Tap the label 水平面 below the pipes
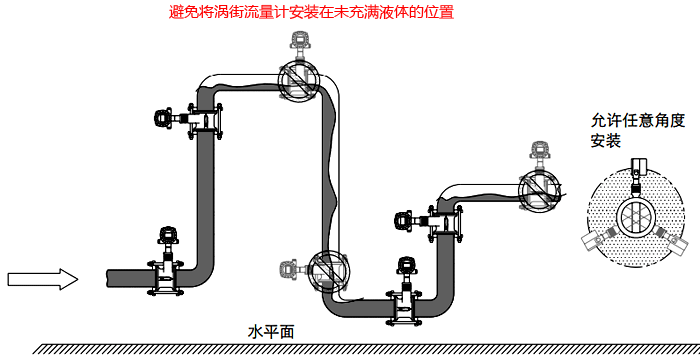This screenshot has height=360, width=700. tap(270, 329)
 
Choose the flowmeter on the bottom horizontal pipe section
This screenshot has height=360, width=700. tap(407, 296)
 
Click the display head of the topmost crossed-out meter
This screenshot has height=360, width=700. tap(297, 41)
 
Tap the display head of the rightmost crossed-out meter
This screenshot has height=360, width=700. tap(540, 151)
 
